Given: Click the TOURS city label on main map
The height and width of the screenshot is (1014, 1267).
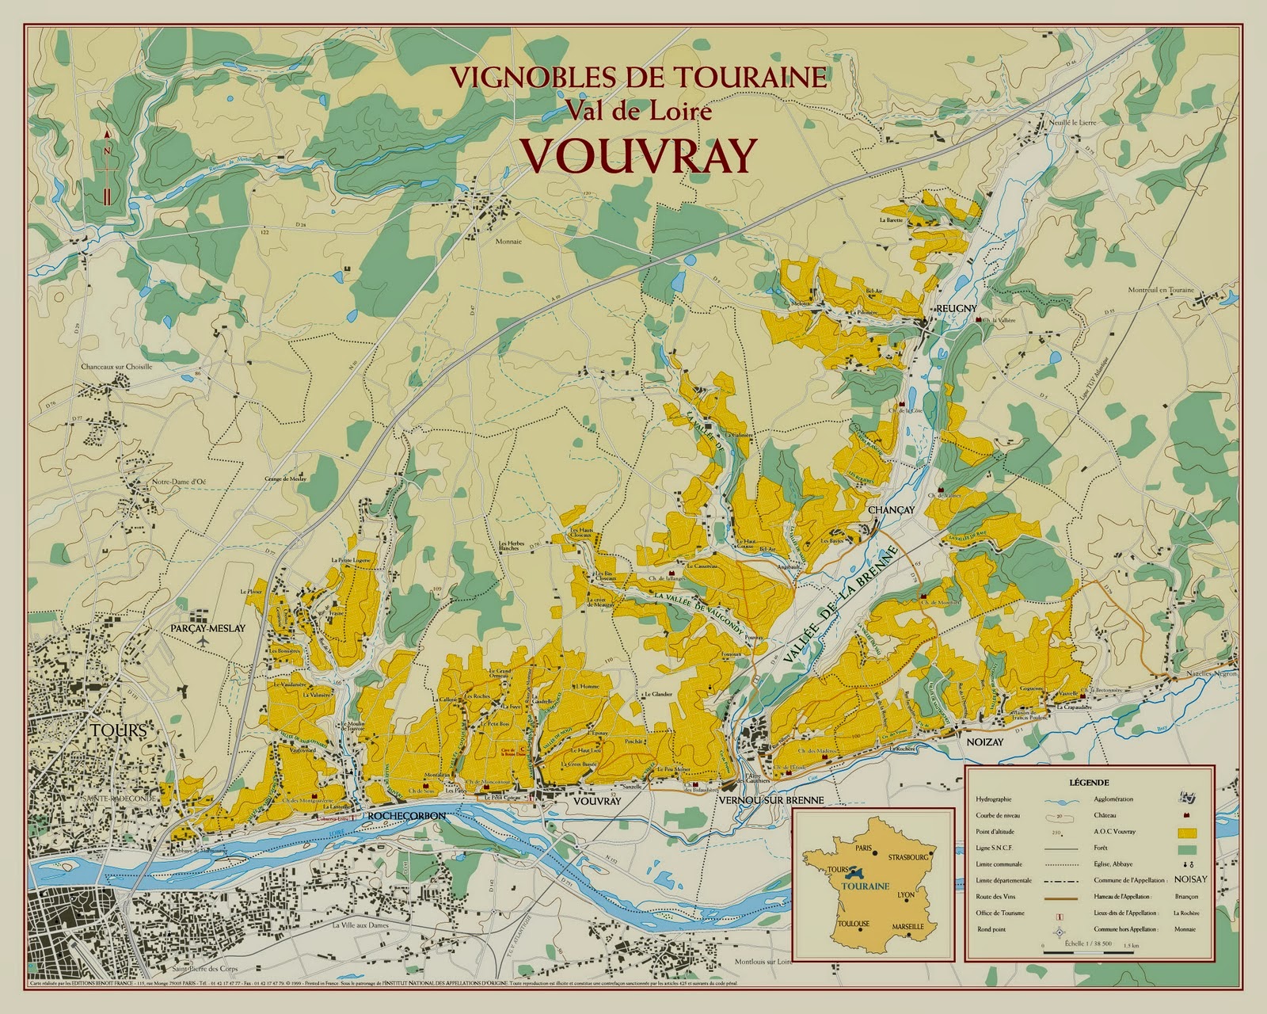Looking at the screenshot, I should pos(115,730).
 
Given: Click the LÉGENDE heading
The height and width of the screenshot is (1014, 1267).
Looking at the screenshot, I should pos(1088,781).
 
